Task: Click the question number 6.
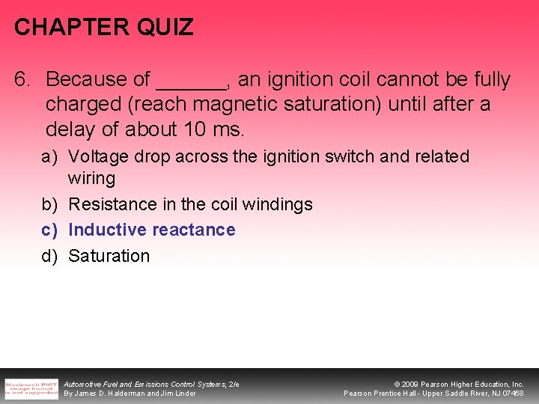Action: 22,79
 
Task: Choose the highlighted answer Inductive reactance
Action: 151,230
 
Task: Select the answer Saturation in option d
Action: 109,256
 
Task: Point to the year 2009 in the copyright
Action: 410,385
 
